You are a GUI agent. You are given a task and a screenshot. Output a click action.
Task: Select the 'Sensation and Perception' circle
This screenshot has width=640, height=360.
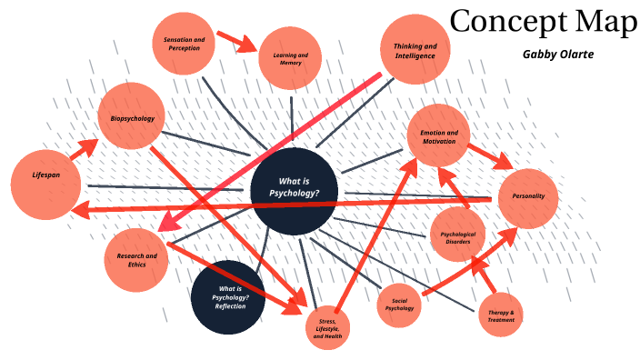[184, 44]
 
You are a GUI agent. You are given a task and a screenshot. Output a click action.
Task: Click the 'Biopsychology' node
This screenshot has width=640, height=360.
[133, 118]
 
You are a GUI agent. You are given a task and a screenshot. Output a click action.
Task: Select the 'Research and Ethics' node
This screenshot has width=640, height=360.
[136, 260]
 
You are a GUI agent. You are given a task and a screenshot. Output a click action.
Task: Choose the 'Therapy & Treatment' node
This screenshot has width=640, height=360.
[501, 315]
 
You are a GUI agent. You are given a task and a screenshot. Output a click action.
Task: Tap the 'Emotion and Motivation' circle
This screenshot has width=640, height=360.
[438, 136]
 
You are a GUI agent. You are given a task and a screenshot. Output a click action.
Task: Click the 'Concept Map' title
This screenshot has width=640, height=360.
[543, 22]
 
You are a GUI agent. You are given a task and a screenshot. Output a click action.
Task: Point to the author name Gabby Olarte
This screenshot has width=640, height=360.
[557, 55]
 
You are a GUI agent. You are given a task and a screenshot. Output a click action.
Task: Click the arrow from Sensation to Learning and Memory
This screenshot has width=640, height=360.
[235, 41]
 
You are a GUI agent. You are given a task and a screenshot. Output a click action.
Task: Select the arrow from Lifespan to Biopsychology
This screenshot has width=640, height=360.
[84, 149]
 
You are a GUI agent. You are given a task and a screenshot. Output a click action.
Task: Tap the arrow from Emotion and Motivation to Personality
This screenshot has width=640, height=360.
[491, 155]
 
